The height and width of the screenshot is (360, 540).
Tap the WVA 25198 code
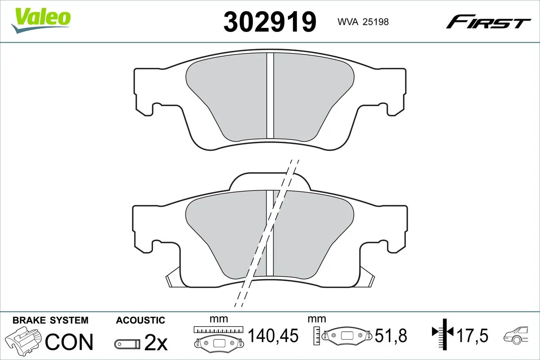360,21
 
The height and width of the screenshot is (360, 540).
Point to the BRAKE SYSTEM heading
50,320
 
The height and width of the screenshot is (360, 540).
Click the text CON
69,342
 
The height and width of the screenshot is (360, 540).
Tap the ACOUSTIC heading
140,320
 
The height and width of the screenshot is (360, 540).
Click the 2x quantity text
155,343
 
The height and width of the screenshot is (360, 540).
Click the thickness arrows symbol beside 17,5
443,333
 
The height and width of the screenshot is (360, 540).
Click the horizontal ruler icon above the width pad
218,329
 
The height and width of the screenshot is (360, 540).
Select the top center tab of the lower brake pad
270,181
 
